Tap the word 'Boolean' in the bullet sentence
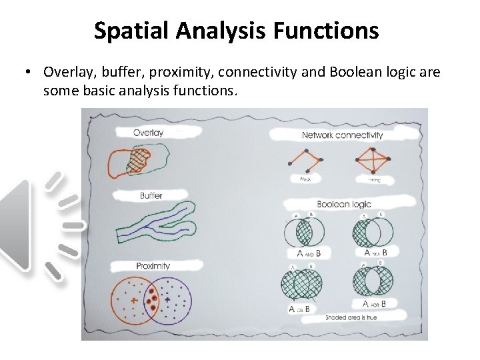point(355,72)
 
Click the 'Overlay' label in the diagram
point(148,133)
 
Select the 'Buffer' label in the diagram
point(151,195)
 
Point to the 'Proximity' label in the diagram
point(153,266)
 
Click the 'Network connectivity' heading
point(342,135)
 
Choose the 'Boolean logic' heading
point(343,204)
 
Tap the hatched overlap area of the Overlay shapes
point(139,159)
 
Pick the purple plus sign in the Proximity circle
point(167,300)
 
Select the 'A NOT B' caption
point(375,253)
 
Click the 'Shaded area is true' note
point(351,317)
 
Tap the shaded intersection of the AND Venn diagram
point(304,232)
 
